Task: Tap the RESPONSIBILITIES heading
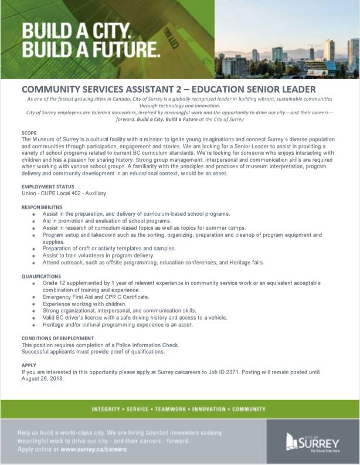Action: [42, 207]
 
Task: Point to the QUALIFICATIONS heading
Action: [41, 276]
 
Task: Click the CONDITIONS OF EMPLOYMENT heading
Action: [57, 338]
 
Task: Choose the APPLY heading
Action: [29, 365]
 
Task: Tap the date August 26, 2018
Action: [42, 379]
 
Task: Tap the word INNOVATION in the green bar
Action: [212, 409]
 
